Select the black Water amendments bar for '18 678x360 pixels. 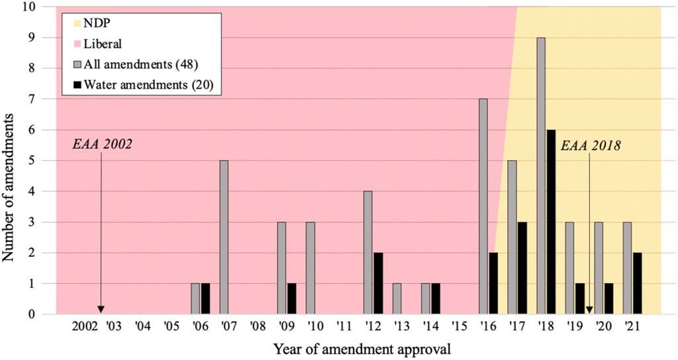552,222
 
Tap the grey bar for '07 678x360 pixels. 224,238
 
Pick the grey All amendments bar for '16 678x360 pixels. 483,206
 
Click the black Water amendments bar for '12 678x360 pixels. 378,283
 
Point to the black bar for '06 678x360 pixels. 205,298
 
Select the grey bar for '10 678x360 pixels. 310,268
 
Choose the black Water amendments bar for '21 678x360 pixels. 638,283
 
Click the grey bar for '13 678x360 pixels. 397,298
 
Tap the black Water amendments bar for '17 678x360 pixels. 522,268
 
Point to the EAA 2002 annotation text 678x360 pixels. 103,145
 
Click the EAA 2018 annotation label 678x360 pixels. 591,145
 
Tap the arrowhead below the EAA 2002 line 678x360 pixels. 101,309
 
